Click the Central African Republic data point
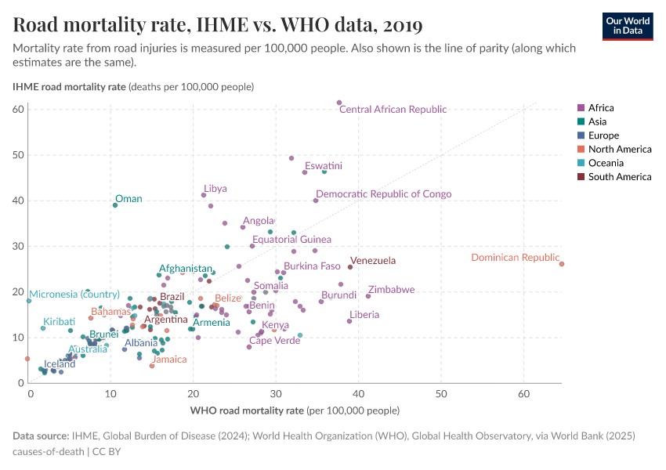(339, 103)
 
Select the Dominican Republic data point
(562, 264)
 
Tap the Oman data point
(115, 205)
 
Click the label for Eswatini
(324, 166)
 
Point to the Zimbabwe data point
(368, 296)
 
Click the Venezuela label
(373, 261)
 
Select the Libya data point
(204, 195)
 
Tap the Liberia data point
(349, 321)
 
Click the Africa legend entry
(601, 108)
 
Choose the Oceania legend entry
(606, 163)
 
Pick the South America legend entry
(619, 177)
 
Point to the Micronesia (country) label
(74, 295)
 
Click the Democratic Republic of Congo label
(383, 194)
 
